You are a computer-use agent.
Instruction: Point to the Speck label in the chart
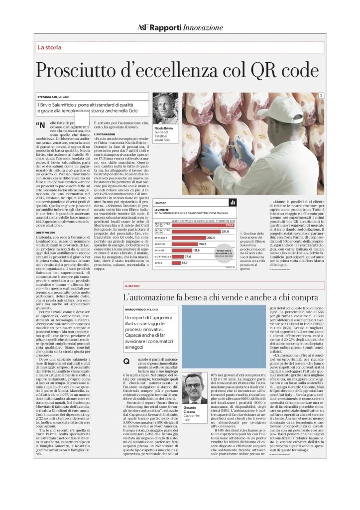pyautogui.click(x=159, y=262)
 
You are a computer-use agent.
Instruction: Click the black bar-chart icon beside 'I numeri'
pyautogui.click(x=232, y=203)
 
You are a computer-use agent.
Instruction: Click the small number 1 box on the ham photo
pyautogui.click(x=322, y=96)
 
